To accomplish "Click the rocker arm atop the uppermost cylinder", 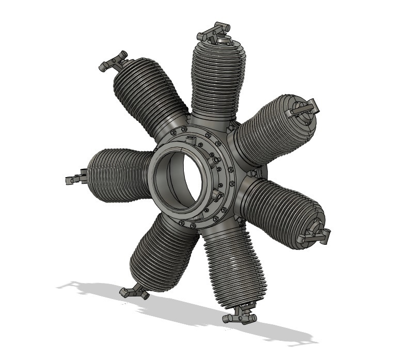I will click(213, 32).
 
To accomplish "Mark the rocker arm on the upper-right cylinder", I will click(305, 108).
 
